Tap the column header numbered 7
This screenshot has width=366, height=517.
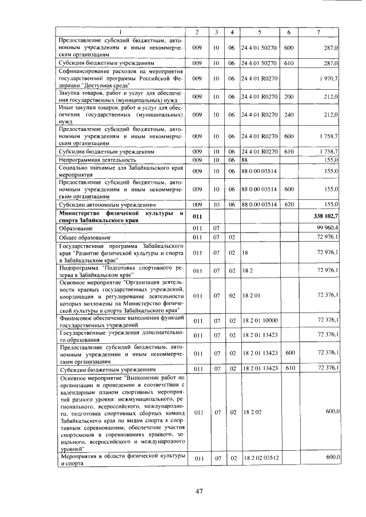click(x=318, y=32)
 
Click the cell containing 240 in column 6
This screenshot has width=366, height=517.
click(x=289, y=115)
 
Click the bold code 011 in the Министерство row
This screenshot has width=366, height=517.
click(x=197, y=217)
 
